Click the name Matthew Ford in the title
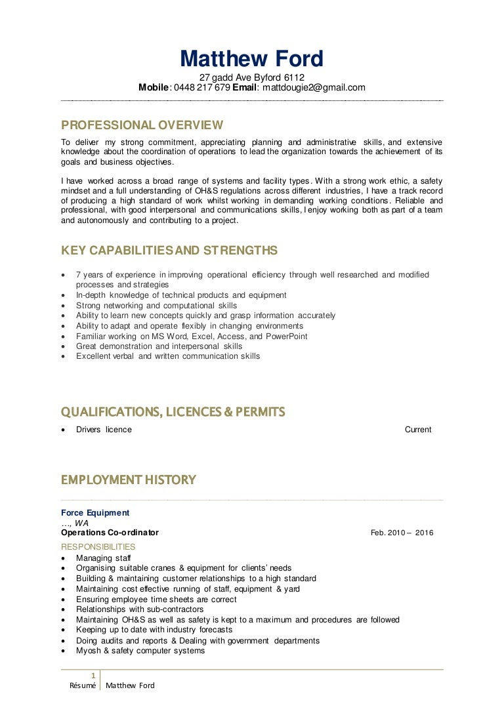tap(252, 59)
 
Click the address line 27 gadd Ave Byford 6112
tap(252, 77)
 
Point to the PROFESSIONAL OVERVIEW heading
tap(142, 125)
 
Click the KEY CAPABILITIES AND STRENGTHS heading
tap(169, 251)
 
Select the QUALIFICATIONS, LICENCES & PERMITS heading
tap(173, 412)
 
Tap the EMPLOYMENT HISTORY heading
tap(129, 480)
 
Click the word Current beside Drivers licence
tap(418, 430)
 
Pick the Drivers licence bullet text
tap(104, 430)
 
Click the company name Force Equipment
tap(95, 513)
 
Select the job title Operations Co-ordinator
tap(110, 533)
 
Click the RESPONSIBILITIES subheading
tap(98, 547)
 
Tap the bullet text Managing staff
tap(103, 558)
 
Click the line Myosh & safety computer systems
tap(140, 651)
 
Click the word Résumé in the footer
tap(83, 685)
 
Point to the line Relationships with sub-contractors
tap(139, 609)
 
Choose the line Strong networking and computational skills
tap(156, 306)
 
